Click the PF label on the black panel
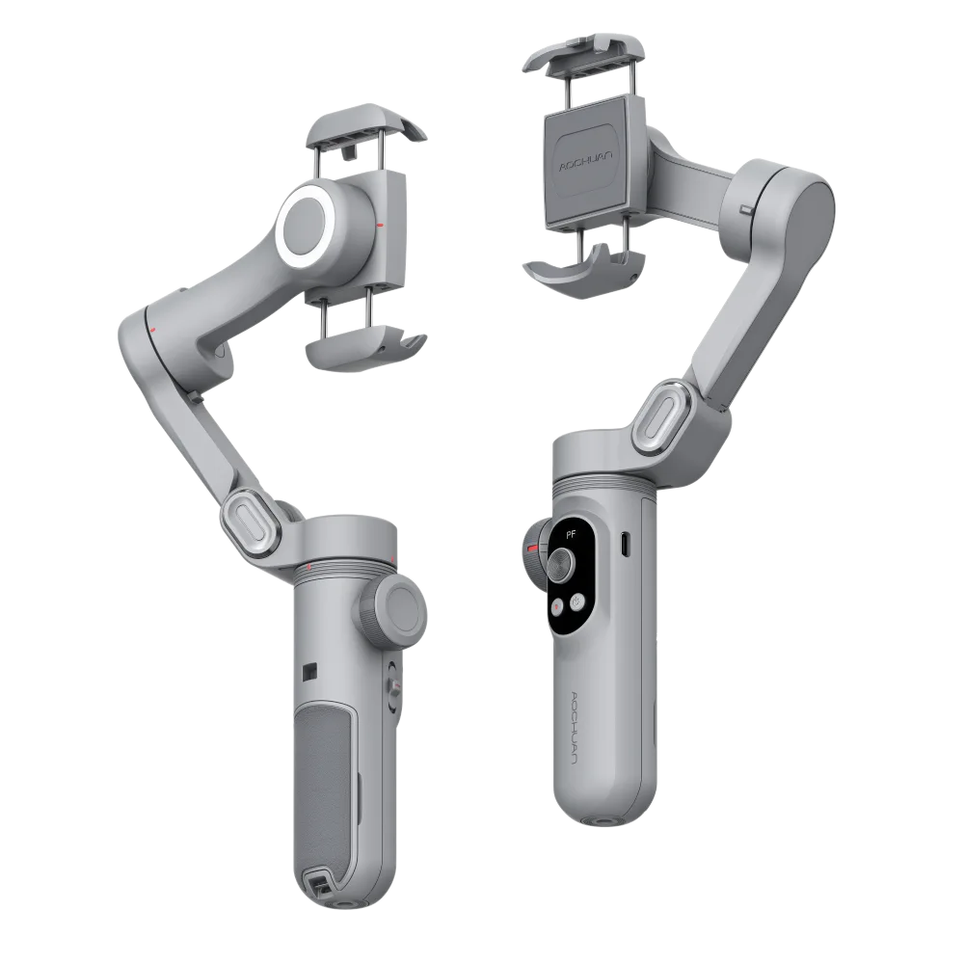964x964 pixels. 571,534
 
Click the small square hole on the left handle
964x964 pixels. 310,671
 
